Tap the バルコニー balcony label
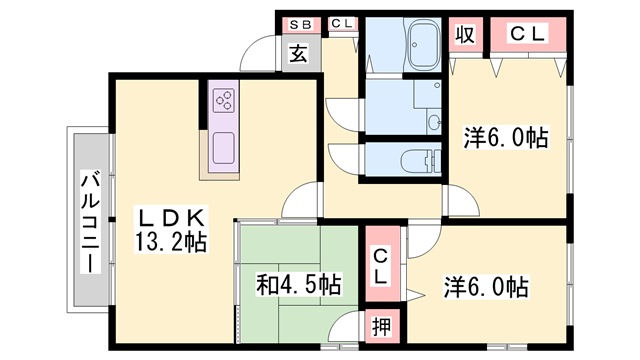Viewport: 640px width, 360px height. (x=88, y=222)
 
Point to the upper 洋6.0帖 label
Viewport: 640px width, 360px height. (x=504, y=138)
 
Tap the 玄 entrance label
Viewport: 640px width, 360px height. (x=298, y=54)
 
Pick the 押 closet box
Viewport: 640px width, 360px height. (x=381, y=325)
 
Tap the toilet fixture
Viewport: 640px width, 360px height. (x=418, y=160)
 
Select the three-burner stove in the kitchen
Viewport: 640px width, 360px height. (x=222, y=100)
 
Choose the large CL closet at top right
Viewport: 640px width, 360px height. (x=530, y=34)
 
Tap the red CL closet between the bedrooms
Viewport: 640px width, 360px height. (x=381, y=267)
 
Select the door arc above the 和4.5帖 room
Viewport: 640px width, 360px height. (x=300, y=205)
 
